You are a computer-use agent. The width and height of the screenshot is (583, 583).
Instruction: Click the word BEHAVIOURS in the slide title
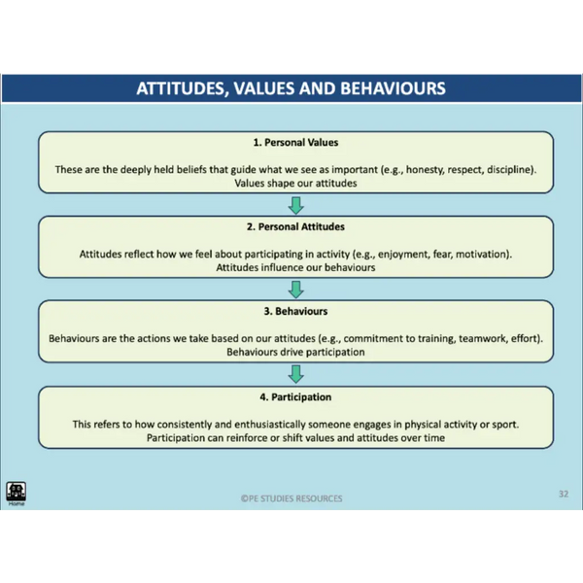(393, 88)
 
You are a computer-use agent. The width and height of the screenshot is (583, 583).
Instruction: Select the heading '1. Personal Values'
(295, 143)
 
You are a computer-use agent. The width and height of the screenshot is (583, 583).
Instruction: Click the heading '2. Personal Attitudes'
(295, 226)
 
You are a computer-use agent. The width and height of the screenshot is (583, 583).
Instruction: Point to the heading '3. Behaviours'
(295, 311)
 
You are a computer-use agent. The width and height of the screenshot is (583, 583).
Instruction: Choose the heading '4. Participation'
(295, 397)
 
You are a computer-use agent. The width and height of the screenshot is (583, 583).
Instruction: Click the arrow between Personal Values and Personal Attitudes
(296, 206)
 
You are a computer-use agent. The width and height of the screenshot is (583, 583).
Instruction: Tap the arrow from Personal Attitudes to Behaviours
(296, 290)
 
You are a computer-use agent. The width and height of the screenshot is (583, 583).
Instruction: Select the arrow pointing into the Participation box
(296, 374)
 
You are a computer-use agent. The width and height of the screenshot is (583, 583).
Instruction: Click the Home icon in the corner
(16, 493)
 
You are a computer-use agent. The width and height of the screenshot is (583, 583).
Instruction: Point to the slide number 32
(564, 494)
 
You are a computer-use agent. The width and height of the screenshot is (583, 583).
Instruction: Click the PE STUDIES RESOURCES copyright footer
(291, 498)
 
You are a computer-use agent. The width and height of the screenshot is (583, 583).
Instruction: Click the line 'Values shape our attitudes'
(295, 184)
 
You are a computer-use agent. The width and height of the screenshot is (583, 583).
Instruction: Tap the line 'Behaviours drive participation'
(295, 352)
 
